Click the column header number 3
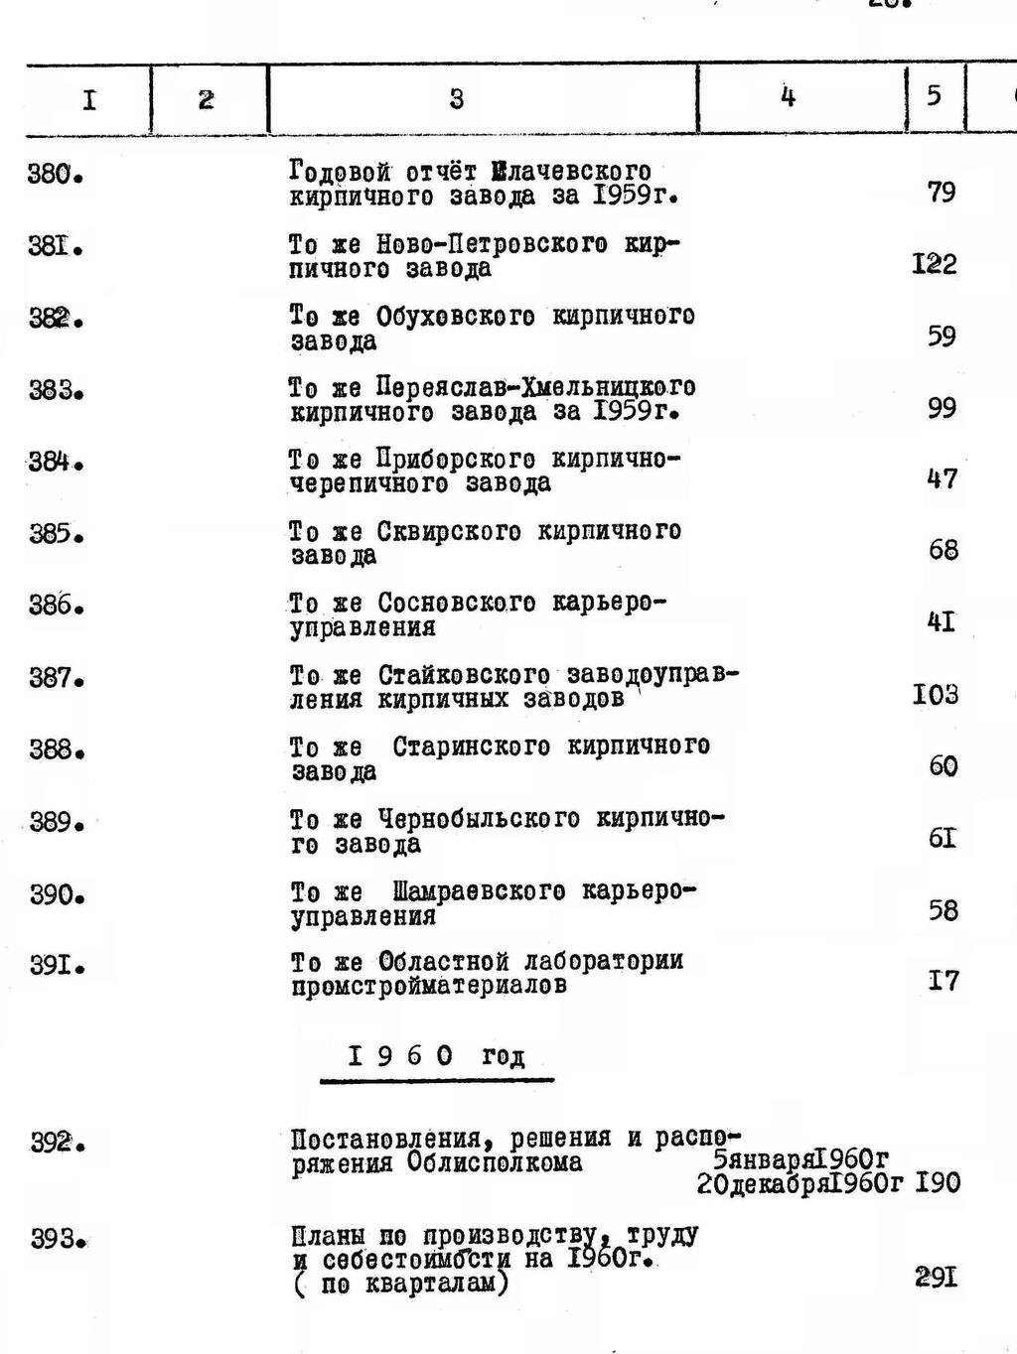[x=456, y=98]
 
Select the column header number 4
[x=788, y=96]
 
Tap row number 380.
[x=54, y=176]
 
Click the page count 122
[x=934, y=264]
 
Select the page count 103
[x=936, y=694]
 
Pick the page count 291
[x=937, y=1278]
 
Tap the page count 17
[x=944, y=981]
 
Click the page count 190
[x=938, y=1183]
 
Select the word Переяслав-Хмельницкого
[x=536, y=387]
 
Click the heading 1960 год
[x=437, y=1057]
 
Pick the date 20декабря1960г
[x=800, y=1184]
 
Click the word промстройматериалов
[x=429, y=987]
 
